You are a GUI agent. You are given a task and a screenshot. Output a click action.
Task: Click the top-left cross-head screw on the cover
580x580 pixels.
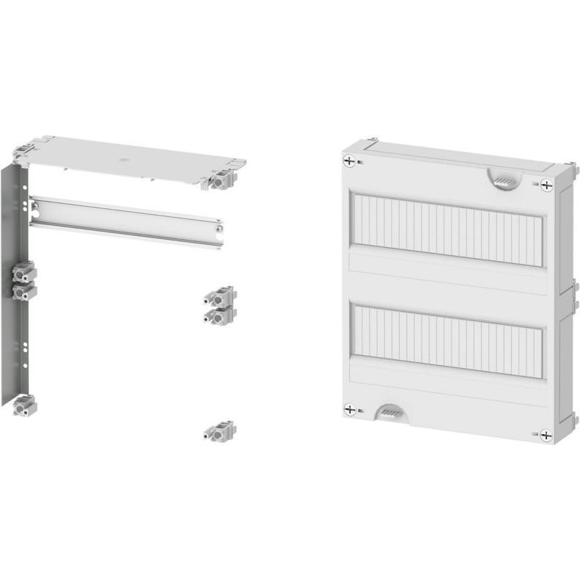350,161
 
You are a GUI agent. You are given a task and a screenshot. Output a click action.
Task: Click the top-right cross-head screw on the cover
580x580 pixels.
546,185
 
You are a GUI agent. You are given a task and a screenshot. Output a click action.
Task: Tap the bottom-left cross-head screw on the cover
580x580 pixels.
350,410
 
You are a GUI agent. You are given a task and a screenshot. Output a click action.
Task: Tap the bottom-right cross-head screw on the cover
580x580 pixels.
546,435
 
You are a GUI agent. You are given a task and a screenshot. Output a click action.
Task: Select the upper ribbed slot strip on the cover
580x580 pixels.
448,229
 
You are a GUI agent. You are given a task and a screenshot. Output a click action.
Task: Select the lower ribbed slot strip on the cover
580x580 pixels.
448,339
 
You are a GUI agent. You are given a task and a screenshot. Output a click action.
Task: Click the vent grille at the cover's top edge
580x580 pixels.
504,180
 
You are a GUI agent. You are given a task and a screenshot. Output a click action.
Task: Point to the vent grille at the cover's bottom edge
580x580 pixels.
391,414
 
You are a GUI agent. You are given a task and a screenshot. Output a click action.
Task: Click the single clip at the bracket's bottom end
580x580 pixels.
23,405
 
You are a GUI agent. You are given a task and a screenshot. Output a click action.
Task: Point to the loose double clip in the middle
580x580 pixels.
219,305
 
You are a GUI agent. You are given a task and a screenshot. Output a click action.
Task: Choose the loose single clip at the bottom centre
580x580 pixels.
219,431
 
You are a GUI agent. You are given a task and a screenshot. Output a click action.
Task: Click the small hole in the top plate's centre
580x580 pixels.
122,158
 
